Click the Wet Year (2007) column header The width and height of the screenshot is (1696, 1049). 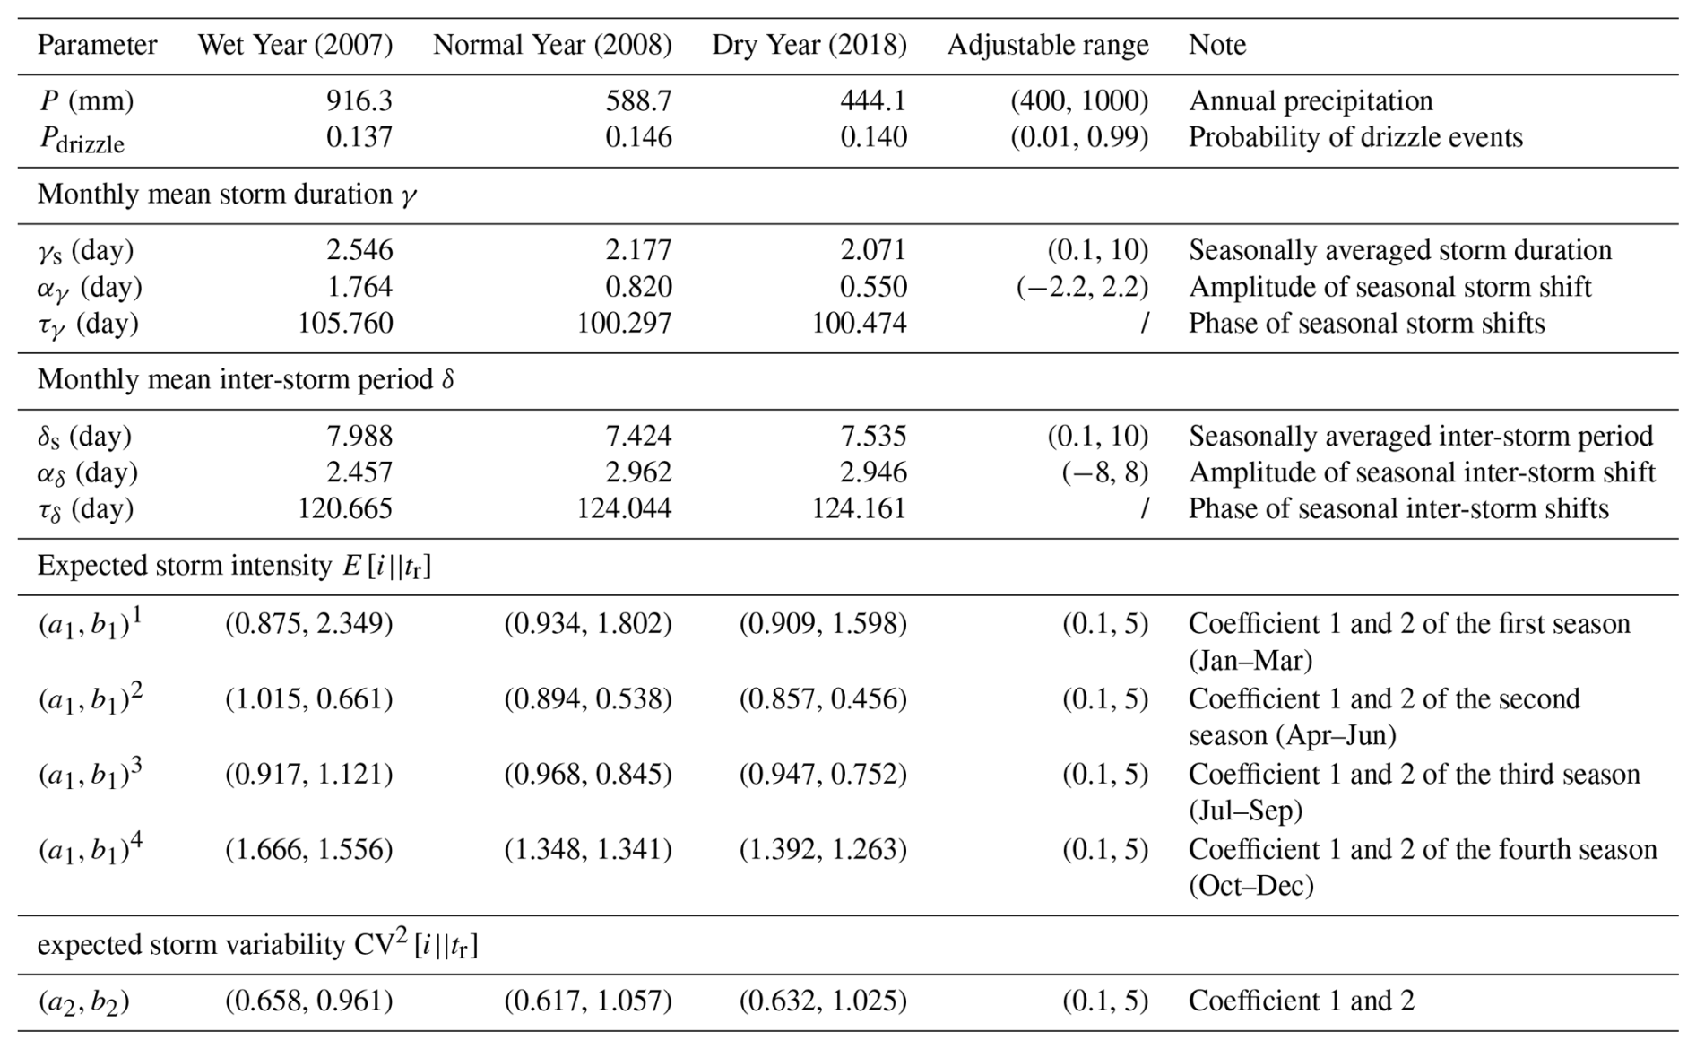click(x=295, y=45)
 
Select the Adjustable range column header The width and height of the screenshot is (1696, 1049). click(x=1048, y=45)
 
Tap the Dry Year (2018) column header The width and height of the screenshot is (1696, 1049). click(x=809, y=45)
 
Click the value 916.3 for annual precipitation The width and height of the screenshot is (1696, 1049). click(x=359, y=100)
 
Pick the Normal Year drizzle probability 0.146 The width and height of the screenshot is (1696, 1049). click(x=639, y=137)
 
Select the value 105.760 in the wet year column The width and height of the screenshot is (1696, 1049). click(x=346, y=323)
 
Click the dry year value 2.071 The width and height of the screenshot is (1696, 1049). click(x=874, y=249)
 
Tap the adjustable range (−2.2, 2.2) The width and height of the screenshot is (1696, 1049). click(x=1083, y=287)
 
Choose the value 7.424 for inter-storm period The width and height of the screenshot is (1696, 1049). click(x=639, y=436)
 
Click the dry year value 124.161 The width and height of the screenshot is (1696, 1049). click(x=860, y=508)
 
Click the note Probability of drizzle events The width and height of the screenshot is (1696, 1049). click(x=1356, y=137)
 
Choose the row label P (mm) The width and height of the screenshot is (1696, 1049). click(x=86, y=101)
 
